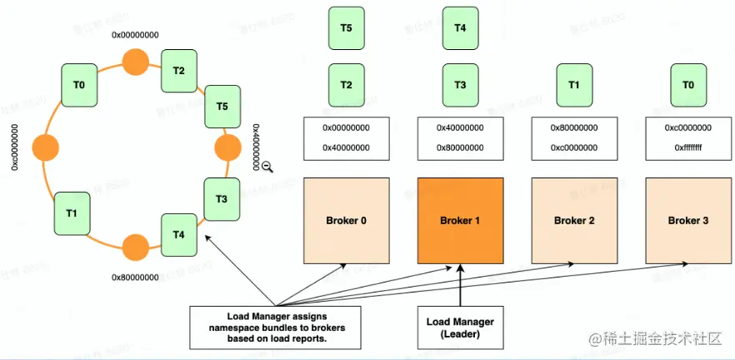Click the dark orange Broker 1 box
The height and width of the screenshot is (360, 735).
coord(461,219)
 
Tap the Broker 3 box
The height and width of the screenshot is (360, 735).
coord(688,219)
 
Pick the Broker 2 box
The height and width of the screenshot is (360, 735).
coord(574,219)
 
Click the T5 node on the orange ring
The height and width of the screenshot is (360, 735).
coord(222,106)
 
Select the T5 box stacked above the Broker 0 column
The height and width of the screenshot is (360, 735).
coord(346,27)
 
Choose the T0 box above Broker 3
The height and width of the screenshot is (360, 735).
coord(687,84)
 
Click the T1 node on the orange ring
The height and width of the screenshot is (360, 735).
coord(72,212)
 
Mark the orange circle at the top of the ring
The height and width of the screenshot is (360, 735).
coord(135,62)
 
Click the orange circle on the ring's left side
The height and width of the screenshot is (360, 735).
coord(45,148)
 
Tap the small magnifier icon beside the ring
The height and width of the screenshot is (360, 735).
coord(267,167)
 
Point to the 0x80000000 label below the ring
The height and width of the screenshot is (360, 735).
coord(135,276)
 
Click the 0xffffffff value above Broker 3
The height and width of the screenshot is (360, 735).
coord(687,147)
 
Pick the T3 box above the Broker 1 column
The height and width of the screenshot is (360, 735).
coord(460,84)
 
